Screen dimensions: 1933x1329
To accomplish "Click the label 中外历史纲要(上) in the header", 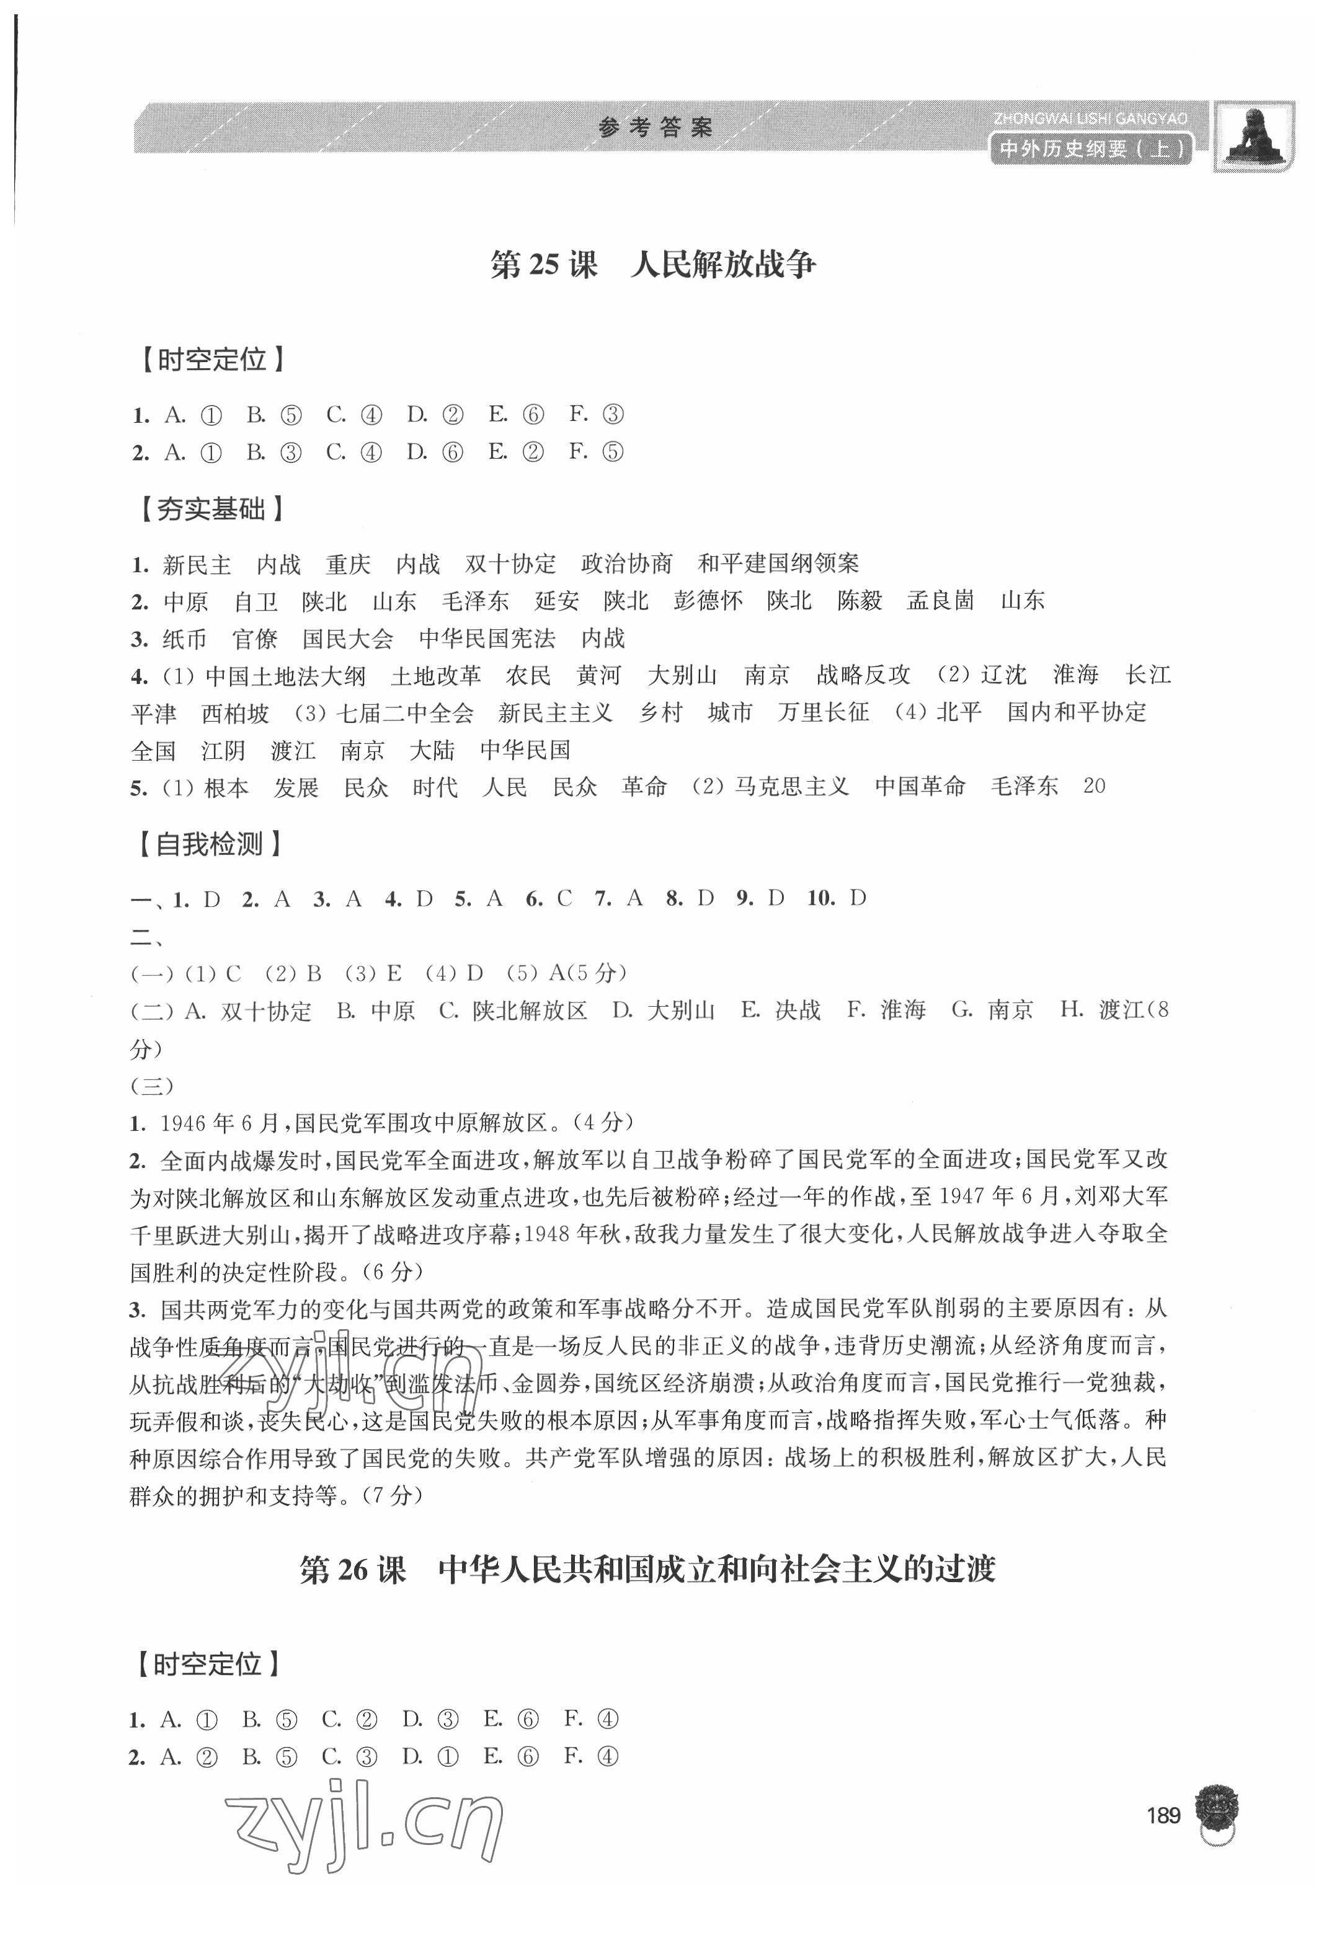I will coord(1091,151).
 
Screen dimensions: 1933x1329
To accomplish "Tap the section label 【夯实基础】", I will coord(211,508).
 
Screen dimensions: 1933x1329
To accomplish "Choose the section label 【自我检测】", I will coord(211,844).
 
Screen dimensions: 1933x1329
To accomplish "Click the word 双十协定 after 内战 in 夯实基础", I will coord(510,564).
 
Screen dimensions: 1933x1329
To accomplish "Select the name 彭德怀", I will coord(708,601).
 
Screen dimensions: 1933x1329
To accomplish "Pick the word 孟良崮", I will coord(940,601).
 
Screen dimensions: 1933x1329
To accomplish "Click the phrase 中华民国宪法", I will coord(487,639).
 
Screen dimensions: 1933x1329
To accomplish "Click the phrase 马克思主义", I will coord(792,787).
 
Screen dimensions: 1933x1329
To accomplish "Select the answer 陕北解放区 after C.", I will coord(530,1011).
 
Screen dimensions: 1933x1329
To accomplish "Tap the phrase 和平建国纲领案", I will coord(778,564).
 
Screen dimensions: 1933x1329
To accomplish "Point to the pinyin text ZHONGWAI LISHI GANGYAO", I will coord(1090,120).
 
